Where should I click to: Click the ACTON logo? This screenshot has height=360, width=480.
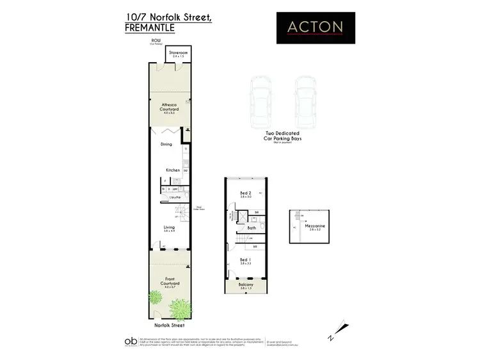[316, 27]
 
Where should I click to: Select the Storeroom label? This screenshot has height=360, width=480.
[177, 53]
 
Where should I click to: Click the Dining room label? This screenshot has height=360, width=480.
[166, 144]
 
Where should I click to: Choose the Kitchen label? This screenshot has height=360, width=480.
[173, 170]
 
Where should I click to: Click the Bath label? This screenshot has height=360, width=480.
[252, 227]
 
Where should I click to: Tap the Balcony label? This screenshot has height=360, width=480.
[246, 285]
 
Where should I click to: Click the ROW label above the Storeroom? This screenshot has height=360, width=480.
[156, 40]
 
